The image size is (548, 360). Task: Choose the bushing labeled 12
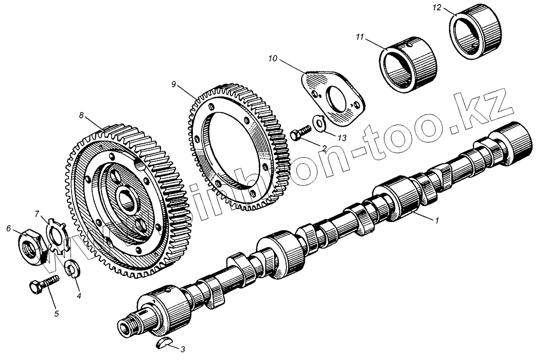click(x=476, y=35)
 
